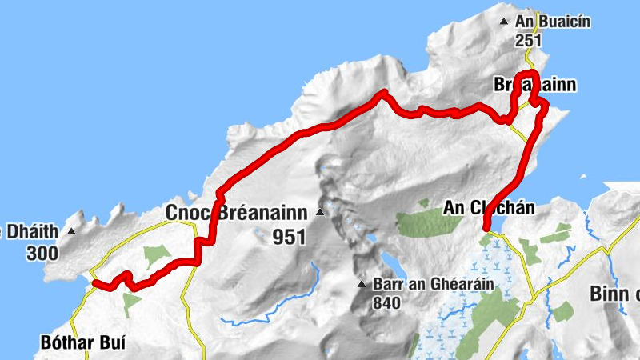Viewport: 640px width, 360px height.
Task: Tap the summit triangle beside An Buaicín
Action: click(x=503, y=22)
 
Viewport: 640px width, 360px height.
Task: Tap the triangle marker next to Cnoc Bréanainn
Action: click(x=320, y=213)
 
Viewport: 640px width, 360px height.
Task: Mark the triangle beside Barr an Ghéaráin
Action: click(x=362, y=284)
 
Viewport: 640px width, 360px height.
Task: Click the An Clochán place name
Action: click(x=488, y=209)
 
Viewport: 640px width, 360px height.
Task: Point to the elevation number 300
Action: click(x=41, y=254)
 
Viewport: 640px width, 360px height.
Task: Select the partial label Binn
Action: click(x=614, y=294)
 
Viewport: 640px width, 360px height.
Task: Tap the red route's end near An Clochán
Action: click(x=487, y=229)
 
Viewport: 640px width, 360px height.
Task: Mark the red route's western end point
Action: click(x=94, y=282)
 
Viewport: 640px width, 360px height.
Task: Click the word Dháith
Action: click(x=32, y=233)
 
